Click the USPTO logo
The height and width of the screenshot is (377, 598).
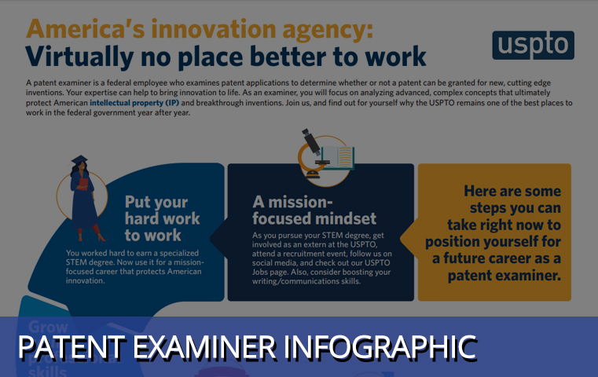coord(533,46)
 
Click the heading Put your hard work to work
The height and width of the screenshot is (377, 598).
coord(162,218)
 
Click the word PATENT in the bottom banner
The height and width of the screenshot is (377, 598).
coord(65,347)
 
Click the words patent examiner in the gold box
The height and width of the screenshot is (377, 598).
coord(504,276)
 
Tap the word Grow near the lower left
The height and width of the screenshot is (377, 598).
coord(50,326)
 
